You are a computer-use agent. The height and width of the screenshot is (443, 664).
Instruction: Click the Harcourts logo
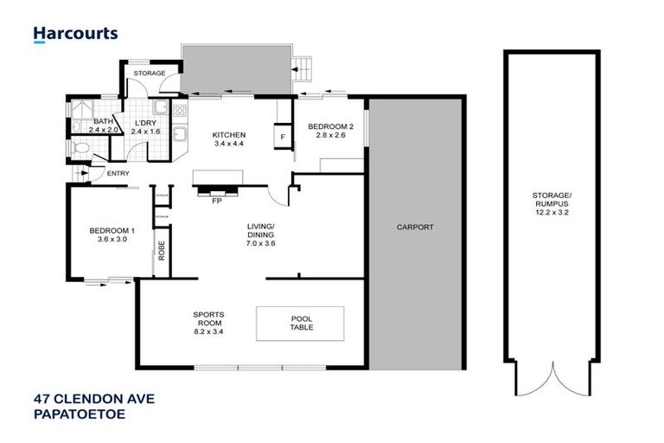[x=76, y=35]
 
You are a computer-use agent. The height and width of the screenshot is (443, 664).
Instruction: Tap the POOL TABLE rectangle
[x=299, y=324]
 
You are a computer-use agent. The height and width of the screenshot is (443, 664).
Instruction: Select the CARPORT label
[x=415, y=228]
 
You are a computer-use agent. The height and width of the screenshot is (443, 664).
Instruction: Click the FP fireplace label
[x=217, y=200]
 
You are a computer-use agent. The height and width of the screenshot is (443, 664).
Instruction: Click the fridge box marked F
[x=282, y=137]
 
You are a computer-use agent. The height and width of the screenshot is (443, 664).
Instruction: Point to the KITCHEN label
[x=230, y=135]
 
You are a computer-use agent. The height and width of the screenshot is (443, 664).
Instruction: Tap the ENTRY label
[x=118, y=173]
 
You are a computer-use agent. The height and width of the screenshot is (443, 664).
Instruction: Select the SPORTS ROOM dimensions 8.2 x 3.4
[x=208, y=331]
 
